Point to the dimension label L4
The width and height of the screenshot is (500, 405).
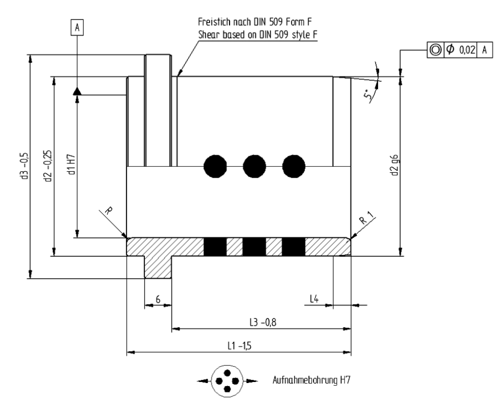pyautogui.click(x=314, y=299)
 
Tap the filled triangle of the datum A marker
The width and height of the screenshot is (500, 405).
pyautogui.click(x=77, y=91)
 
